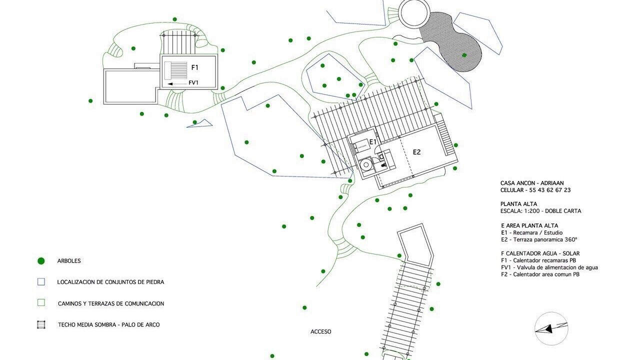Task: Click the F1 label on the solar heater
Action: (195, 67)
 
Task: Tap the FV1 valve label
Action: (193, 83)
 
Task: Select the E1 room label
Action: (372, 142)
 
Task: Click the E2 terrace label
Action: (416, 152)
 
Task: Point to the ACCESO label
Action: (320, 331)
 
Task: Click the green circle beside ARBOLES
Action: (41, 261)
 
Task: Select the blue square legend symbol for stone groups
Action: (41, 282)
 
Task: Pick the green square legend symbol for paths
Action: (41, 303)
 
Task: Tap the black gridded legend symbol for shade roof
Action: (41, 324)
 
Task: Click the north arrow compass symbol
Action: (551, 328)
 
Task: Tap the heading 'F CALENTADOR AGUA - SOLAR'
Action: (540, 253)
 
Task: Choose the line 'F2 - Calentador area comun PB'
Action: (540, 274)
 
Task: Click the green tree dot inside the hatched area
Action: (464, 55)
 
